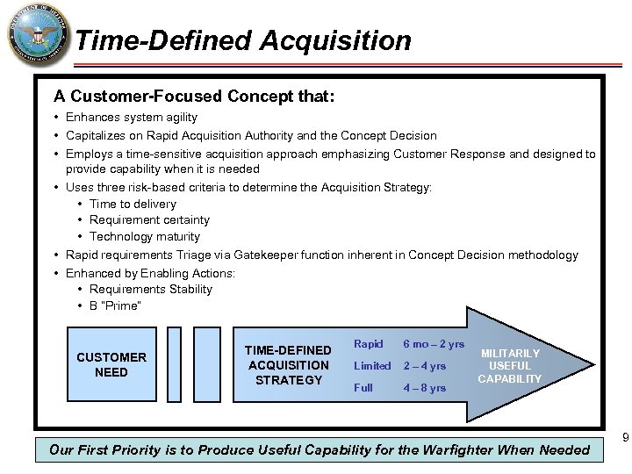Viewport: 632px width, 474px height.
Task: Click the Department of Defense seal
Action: (x=36, y=37)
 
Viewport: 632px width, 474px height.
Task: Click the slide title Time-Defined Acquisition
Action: (x=243, y=40)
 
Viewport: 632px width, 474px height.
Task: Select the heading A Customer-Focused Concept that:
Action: (x=193, y=95)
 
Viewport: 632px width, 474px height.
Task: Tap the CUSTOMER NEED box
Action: (x=111, y=364)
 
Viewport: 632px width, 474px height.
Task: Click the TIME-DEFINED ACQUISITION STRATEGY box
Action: (x=289, y=364)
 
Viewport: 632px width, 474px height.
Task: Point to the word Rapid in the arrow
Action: (x=368, y=343)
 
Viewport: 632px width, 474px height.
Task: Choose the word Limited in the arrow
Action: (x=372, y=365)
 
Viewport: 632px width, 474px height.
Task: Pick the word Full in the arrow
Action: (x=363, y=387)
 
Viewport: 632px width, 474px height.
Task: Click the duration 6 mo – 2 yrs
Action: (x=434, y=343)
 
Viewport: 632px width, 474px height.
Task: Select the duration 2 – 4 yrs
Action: (x=425, y=365)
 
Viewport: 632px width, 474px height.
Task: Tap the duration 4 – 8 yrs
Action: (x=425, y=387)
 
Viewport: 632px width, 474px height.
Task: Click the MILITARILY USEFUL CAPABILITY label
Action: (x=510, y=365)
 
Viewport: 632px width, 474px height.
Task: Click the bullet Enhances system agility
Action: (x=132, y=117)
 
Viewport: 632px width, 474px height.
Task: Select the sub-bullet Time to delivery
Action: (x=133, y=204)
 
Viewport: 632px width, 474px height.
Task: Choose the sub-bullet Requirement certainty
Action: (x=149, y=219)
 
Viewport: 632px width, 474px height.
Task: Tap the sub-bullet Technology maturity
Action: (x=145, y=236)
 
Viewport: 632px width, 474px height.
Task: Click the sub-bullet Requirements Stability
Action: (x=151, y=289)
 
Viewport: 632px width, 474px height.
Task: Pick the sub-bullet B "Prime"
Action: (x=115, y=305)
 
